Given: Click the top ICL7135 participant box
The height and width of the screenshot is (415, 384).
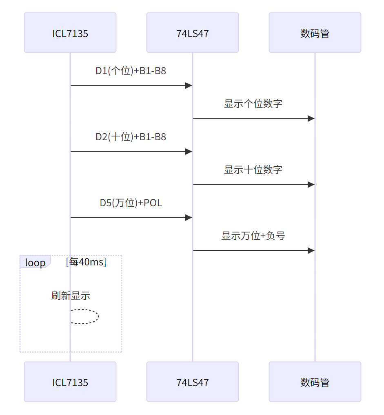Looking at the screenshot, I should click(70, 33).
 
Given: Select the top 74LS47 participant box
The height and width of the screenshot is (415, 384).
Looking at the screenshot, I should click(193, 33).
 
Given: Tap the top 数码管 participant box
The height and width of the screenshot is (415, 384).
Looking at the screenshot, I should click(315, 33).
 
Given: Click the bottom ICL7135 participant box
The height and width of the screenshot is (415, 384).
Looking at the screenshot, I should click(70, 382).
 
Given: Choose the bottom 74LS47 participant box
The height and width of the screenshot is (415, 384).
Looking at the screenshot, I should click(193, 382).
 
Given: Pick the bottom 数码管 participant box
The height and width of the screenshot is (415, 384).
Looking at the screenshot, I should click(315, 382).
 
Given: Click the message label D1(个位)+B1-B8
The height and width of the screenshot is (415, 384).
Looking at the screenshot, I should click(131, 71).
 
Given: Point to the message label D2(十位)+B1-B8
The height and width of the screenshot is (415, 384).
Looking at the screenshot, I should click(131, 137).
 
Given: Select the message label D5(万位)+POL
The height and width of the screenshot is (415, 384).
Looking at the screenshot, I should click(131, 203).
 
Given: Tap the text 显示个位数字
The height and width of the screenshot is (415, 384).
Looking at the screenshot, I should click(253, 104).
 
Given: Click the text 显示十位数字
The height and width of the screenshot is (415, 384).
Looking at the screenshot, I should click(253, 170).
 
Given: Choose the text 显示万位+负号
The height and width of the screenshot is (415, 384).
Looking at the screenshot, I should click(253, 236).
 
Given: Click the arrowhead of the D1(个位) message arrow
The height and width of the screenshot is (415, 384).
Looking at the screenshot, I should click(189, 86).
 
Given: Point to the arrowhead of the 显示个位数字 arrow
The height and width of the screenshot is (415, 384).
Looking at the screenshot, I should click(311, 119).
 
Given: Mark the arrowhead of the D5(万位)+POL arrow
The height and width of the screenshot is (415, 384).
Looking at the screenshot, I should click(189, 218).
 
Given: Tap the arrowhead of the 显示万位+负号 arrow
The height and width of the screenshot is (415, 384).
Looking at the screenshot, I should click(311, 251).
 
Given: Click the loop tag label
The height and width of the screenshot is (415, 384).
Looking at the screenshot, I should click(35, 263).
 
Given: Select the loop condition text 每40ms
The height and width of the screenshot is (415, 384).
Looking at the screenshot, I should click(86, 262).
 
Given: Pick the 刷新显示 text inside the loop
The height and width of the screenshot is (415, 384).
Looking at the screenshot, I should click(71, 296).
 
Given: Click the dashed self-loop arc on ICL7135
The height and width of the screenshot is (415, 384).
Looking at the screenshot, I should click(98, 316).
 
